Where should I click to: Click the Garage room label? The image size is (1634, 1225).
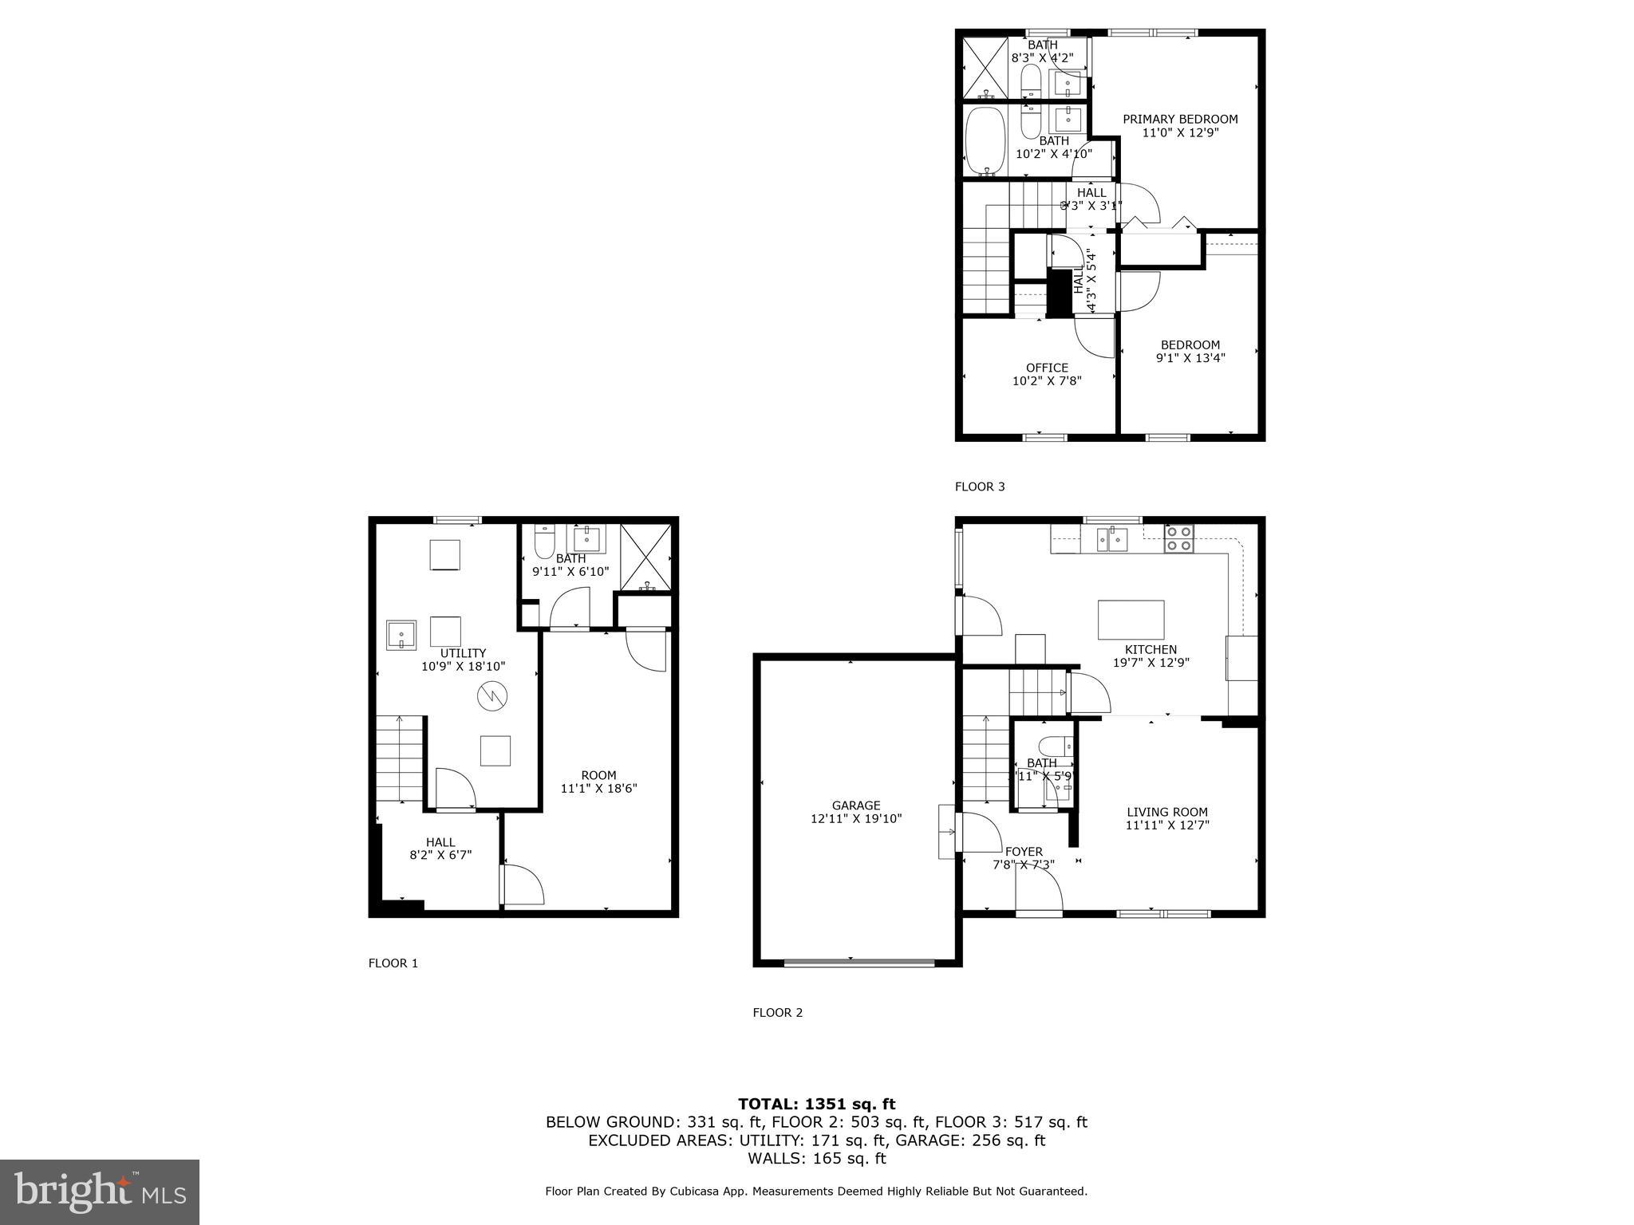[856, 806]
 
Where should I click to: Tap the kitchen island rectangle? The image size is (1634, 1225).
[1131, 620]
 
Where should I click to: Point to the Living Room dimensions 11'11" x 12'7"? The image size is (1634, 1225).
[1167, 825]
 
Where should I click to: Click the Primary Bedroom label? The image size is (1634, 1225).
[1180, 120]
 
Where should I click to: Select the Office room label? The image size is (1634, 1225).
[1047, 368]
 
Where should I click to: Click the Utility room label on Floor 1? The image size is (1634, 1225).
[463, 653]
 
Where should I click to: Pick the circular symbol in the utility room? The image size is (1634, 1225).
[492, 696]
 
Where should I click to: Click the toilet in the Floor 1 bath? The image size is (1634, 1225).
[545, 542]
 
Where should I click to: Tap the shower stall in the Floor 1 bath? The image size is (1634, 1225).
[645, 557]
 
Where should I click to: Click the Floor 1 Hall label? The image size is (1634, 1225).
[440, 842]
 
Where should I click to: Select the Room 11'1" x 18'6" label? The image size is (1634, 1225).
[598, 775]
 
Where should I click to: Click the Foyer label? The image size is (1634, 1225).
[1024, 852]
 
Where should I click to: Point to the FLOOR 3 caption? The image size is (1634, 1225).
[980, 486]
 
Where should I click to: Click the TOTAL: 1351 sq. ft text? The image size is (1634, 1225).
[816, 1104]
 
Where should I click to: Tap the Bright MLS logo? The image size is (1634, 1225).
[100, 1192]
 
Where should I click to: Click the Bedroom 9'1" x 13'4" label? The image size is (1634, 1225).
[1190, 345]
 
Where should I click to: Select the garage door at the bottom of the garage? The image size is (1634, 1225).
[858, 963]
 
